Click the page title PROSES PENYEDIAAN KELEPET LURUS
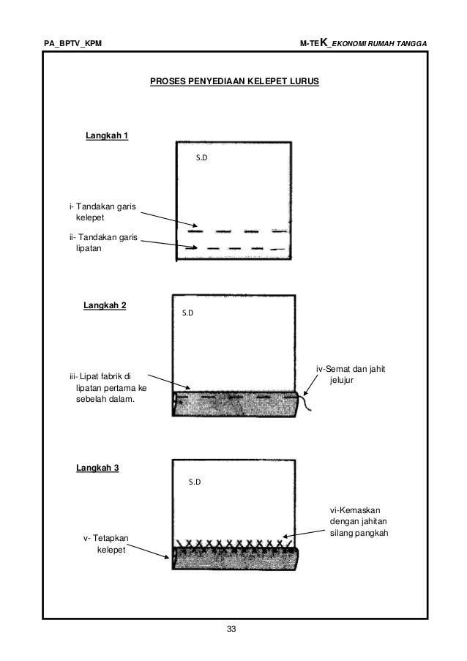pos(234,83)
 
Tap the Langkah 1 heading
pos(107,135)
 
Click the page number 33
pos(233,630)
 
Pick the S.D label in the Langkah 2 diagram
pos(188,313)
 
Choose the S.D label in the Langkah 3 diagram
pos(195,482)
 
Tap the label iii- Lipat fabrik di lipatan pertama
pos(102,389)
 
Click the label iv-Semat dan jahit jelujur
pos(350,375)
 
